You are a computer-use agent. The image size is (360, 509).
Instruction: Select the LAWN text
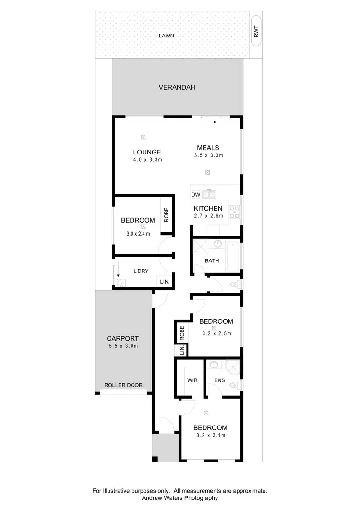[168, 36]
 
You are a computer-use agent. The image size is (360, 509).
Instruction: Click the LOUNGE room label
[147, 152]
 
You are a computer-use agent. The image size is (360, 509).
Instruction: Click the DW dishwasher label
[195, 195]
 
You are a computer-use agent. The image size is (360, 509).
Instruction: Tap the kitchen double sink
[209, 194]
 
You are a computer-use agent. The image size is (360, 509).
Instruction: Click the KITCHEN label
[208, 208]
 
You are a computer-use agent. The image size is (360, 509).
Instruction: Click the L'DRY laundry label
[140, 271]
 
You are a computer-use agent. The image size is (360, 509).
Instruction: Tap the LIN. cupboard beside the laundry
[165, 282]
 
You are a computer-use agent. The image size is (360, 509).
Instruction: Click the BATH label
[212, 261]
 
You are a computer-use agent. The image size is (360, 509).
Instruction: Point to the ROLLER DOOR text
[123, 385]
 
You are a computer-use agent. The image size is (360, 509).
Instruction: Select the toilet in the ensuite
[234, 385]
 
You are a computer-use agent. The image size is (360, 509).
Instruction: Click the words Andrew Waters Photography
[180, 498]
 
